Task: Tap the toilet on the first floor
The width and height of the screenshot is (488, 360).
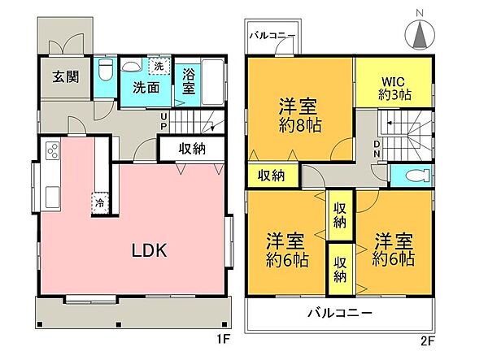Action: tap(105, 72)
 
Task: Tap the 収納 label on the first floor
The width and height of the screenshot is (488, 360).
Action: tap(192, 149)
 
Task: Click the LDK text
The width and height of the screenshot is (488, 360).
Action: tap(150, 251)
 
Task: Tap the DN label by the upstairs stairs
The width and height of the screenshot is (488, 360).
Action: tap(377, 149)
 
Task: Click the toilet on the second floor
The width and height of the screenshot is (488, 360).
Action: tap(408, 174)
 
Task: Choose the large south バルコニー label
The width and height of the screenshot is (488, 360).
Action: tap(339, 313)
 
